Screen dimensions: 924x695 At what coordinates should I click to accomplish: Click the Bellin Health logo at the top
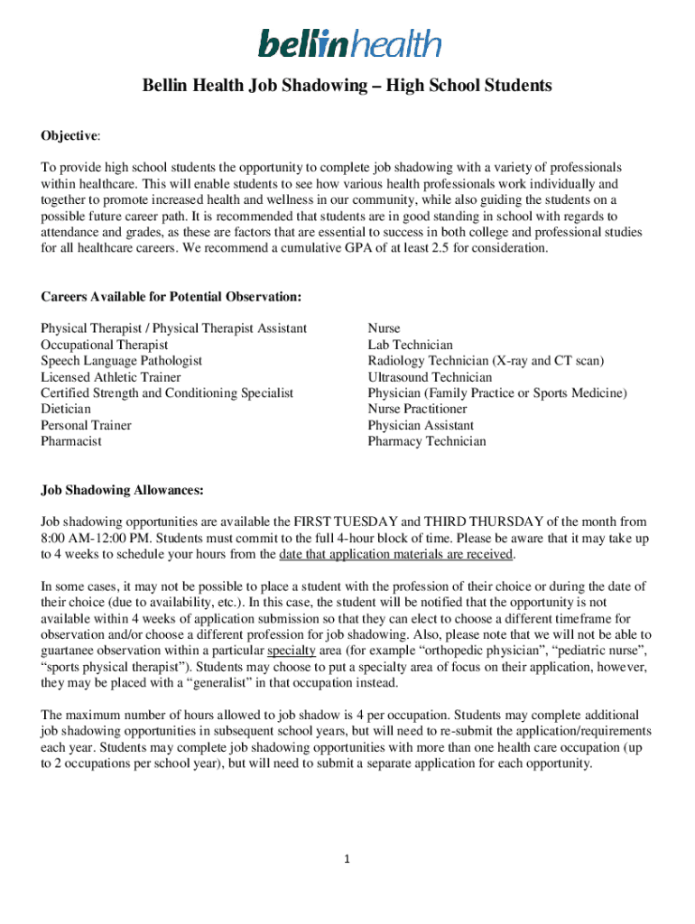(x=349, y=42)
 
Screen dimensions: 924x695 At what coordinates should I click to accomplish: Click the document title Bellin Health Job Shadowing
(x=347, y=87)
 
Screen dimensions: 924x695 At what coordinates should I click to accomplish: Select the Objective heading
(x=69, y=135)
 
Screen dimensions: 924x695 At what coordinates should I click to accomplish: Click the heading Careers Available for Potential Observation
(x=171, y=297)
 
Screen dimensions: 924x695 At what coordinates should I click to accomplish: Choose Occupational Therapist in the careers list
(x=104, y=345)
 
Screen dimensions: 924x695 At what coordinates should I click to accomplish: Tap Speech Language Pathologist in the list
(x=121, y=361)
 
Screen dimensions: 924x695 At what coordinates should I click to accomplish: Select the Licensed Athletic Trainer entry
(x=110, y=377)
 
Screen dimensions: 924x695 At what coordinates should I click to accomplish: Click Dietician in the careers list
(x=66, y=409)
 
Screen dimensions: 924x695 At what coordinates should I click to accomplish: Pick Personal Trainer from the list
(x=86, y=425)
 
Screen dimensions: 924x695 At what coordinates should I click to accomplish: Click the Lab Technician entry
(x=410, y=345)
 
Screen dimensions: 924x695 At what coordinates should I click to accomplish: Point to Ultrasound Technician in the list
(x=430, y=377)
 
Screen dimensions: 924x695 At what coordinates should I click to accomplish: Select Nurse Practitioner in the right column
(x=418, y=409)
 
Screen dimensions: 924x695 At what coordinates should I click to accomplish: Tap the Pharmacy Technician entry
(x=426, y=441)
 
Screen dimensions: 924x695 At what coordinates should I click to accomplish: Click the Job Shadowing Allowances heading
(x=122, y=490)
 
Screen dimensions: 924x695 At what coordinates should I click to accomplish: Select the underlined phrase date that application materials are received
(x=396, y=554)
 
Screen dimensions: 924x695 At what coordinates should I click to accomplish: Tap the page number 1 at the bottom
(x=347, y=860)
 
